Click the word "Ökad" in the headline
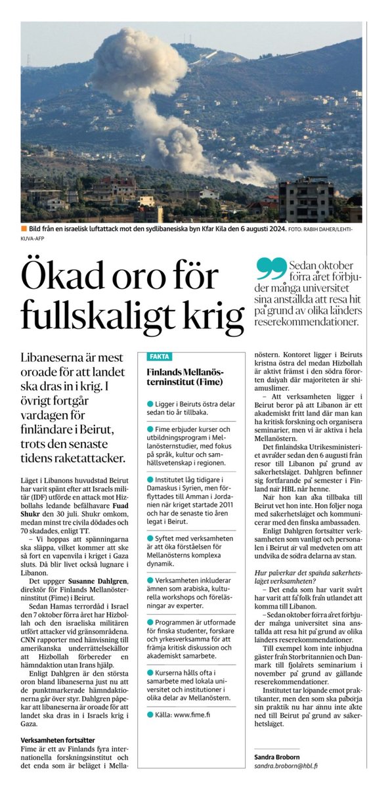(62, 280)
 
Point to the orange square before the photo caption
(24, 229)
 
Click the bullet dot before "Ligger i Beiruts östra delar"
(150, 402)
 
